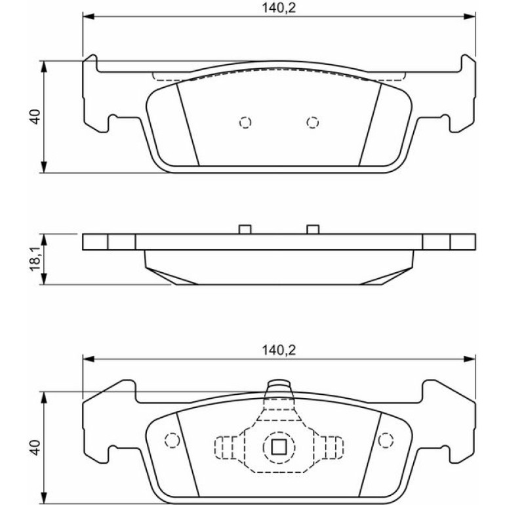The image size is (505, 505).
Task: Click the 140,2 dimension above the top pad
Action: [x=279, y=8]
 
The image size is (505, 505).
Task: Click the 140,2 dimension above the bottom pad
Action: [x=279, y=350]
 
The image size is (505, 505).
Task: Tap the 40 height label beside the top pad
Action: [x=35, y=117]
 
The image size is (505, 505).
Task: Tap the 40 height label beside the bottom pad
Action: [x=35, y=447]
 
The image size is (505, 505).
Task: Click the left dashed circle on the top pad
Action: [x=245, y=123]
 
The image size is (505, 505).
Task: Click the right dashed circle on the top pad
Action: [x=313, y=123]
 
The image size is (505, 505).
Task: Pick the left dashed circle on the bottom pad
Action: [x=172, y=440]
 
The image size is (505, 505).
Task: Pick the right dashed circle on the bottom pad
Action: [x=386, y=440]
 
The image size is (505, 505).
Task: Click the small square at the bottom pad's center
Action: [x=279, y=447]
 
